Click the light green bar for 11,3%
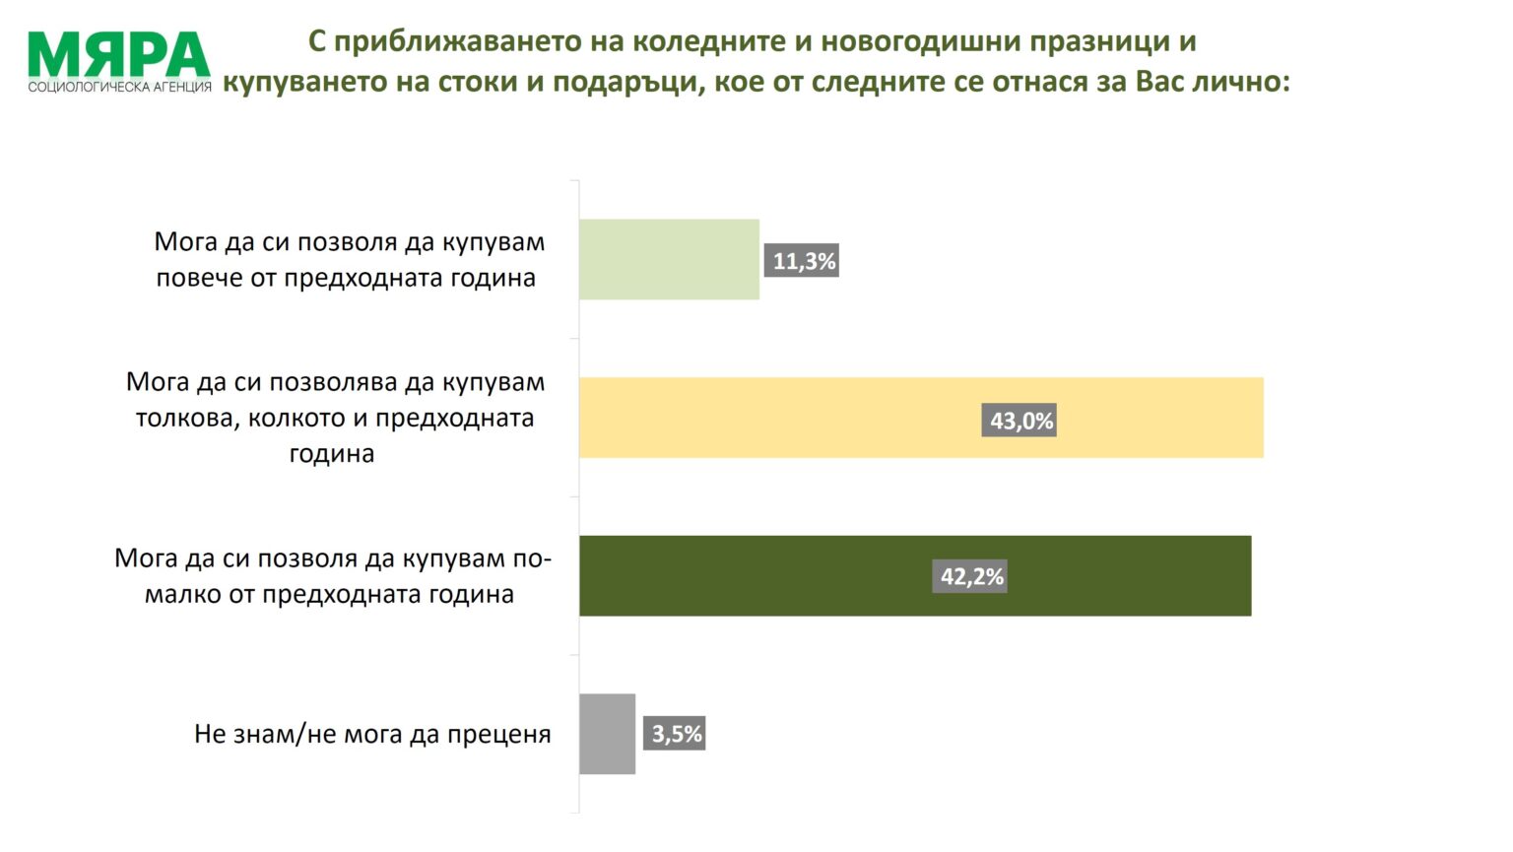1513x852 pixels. point(669,259)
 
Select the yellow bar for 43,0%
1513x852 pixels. point(921,418)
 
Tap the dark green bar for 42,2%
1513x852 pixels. point(915,576)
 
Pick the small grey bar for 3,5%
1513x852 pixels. point(607,734)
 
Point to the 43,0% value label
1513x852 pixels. point(1020,421)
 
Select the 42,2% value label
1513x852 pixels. point(971,576)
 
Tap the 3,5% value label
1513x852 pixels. point(676,734)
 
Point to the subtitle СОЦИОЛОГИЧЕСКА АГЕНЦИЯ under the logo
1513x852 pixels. point(119,87)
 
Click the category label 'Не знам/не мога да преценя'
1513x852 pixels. point(372,734)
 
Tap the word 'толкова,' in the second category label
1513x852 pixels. point(187,418)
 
